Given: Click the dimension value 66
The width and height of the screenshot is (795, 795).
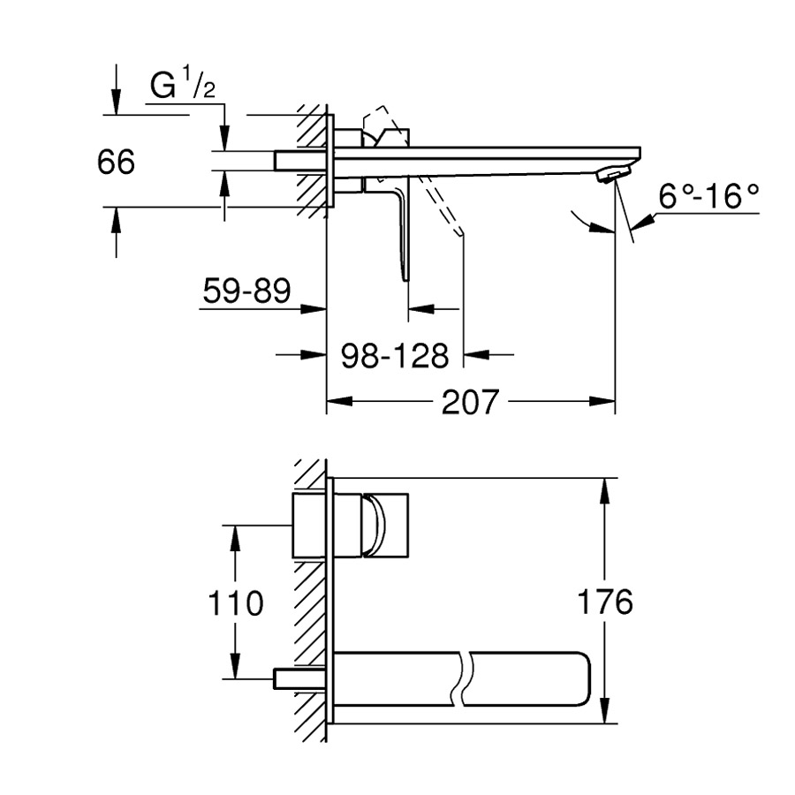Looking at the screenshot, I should tap(117, 163).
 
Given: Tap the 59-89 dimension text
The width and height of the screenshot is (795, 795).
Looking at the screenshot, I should tap(246, 291).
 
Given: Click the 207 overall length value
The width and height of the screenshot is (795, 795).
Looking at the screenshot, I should tap(471, 402).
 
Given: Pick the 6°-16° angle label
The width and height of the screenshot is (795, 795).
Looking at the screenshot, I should tap(709, 196).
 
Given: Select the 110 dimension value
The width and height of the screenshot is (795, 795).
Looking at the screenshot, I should tap(236, 603).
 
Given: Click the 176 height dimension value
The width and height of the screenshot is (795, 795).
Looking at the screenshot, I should tap(605, 602).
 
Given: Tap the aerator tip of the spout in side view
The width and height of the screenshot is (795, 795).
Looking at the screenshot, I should tap(612, 174).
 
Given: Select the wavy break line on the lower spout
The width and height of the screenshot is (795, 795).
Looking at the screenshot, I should tap(465, 678).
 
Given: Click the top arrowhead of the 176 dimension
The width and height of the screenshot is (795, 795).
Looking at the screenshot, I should tap(605, 488).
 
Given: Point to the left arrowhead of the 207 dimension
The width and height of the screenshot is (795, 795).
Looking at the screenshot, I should tap(337, 403).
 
